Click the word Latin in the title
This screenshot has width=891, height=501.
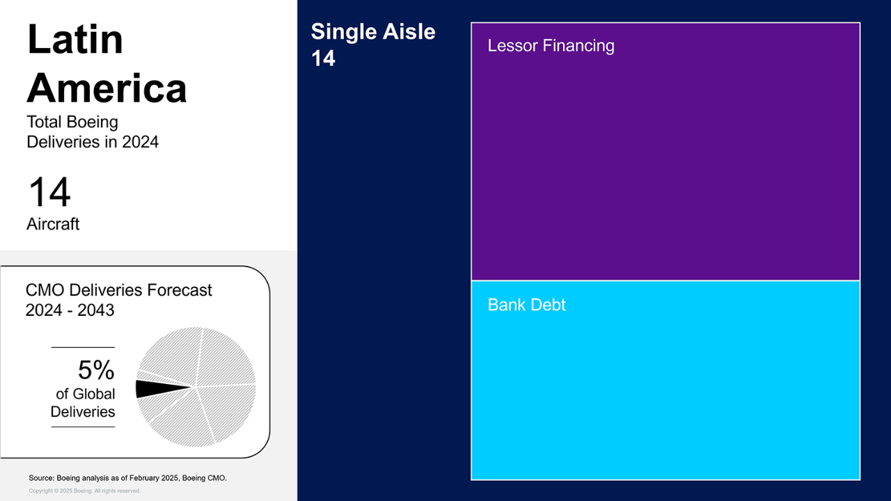tap(75, 40)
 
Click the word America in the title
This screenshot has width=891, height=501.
tap(107, 88)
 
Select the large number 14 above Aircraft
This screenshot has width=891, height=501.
tap(49, 192)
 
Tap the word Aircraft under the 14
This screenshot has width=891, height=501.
tap(53, 224)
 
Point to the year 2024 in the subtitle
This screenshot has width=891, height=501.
tap(140, 142)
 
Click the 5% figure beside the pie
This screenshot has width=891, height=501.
tap(96, 369)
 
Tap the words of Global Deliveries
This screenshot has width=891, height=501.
tap(83, 403)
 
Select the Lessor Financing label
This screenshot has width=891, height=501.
tap(551, 46)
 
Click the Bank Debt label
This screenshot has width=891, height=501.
tap(526, 305)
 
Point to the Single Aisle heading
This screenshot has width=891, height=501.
tap(373, 31)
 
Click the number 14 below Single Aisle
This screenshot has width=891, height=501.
tap(323, 58)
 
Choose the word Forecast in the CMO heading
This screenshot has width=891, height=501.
tap(180, 290)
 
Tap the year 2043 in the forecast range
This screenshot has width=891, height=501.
tap(96, 310)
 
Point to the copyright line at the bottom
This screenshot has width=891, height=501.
tap(84, 491)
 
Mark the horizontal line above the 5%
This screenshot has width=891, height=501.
tap(83, 347)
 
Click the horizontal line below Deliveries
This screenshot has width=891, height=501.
tap(83, 427)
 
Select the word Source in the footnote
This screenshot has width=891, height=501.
tap(41, 478)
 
